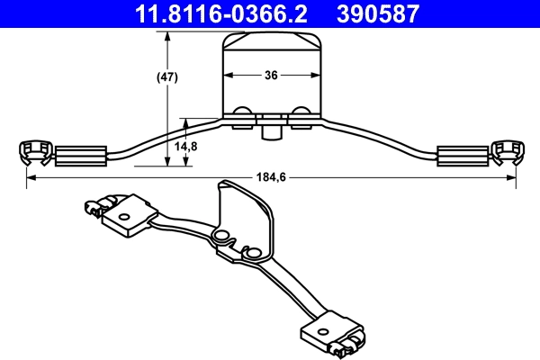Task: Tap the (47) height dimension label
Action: (x=166, y=76)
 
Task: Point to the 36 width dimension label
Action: (x=271, y=76)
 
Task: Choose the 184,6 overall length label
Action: (x=271, y=177)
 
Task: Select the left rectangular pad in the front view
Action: (x=81, y=156)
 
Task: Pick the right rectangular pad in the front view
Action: (x=461, y=156)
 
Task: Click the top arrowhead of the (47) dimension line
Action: (x=167, y=35)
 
